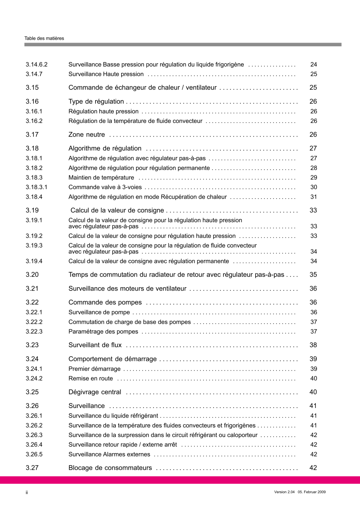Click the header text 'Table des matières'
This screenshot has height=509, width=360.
[x=44, y=38]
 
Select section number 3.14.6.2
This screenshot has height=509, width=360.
[x=37, y=65]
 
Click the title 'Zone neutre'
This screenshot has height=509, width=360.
[x=86, y=135]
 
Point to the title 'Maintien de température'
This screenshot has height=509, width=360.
[x=101, y=178]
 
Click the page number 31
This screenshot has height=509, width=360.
[x=314, y=197]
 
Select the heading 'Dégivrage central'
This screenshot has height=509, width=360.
[x=95, y=392]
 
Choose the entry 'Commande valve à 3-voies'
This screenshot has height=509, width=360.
[x=105, y=187]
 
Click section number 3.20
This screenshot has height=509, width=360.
[x=32, y=275]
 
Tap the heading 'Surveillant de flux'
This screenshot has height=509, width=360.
[x=95, y=345]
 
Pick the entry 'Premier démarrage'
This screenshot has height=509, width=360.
[x=95, y=369]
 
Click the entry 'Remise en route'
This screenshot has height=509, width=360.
[x=91, y=378]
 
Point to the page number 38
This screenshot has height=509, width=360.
[x=313, y=345]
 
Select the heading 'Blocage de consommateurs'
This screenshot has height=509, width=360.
[x=110, y=468]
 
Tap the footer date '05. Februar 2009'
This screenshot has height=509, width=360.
[x=312, y=492]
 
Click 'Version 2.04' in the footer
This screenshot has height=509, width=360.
[x=284, y=492]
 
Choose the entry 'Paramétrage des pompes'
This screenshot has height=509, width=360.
[x=103, y=331]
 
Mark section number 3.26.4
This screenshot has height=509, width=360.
[x=34, y=445]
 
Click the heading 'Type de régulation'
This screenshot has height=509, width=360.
[x=96, y=102]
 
